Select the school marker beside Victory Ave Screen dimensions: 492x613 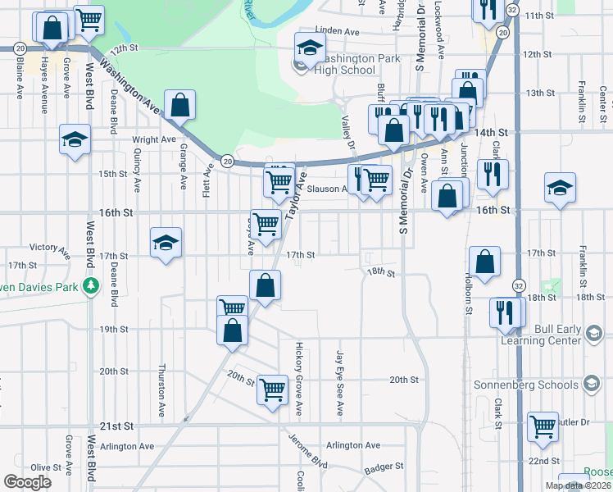click(x=165, y=244)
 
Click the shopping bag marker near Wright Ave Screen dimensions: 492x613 click(x=179, y=106)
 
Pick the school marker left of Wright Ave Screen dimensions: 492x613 click(x=75, y=140)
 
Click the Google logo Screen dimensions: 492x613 click(x=28, y=481)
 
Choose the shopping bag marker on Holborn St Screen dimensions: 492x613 click(x=484, y=262)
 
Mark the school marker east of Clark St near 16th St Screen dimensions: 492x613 click(x=560, y=188)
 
